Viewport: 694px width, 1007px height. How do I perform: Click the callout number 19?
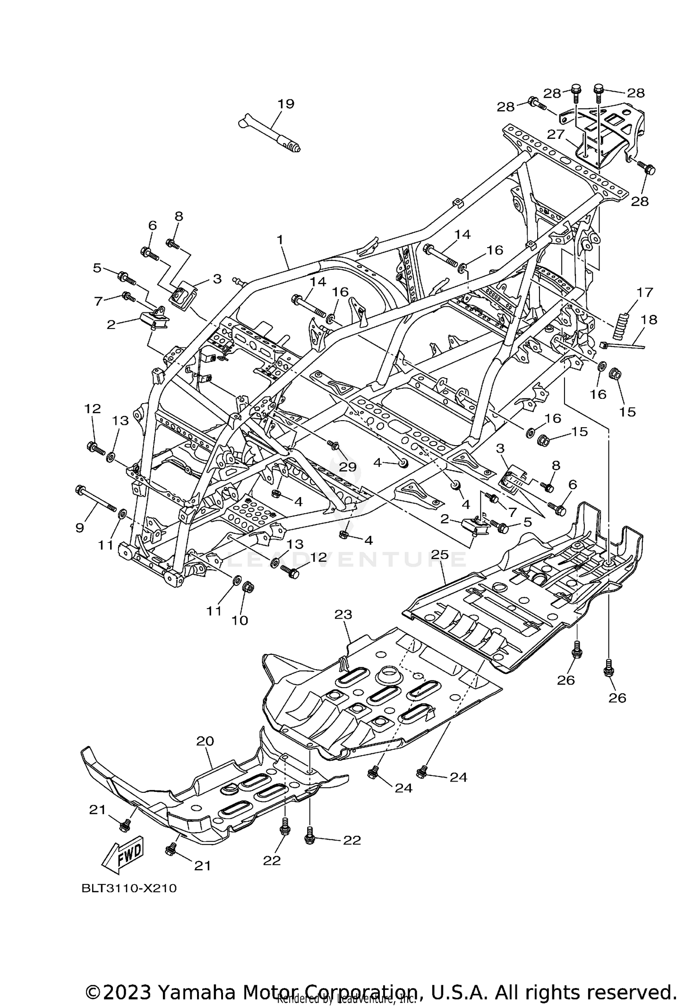tap(286, 104)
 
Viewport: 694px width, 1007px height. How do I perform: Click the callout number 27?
tap(556, 134)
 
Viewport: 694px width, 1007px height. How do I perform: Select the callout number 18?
tap(649, 320)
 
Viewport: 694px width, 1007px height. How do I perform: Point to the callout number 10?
tap(240, 620)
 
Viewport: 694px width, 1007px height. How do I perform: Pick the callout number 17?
tap(644, 292)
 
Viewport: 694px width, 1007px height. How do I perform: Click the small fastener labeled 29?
tap(332, 445)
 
